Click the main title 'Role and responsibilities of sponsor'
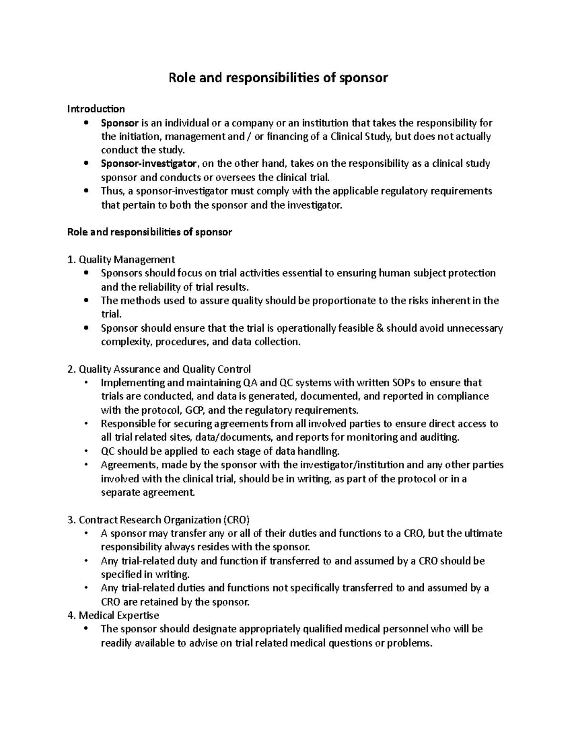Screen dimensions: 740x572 [x=278, y=78]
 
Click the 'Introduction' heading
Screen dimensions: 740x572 [x=96, y=109]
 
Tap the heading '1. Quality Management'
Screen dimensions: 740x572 [x=122, y=260]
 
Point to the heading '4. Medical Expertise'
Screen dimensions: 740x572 [x=113, y=615]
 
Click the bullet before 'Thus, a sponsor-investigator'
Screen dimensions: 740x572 [x=86, y=191]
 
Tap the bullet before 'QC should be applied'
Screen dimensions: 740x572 [x=86, y=451]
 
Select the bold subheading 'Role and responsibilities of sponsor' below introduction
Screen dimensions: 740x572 [x=150, y=232]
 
